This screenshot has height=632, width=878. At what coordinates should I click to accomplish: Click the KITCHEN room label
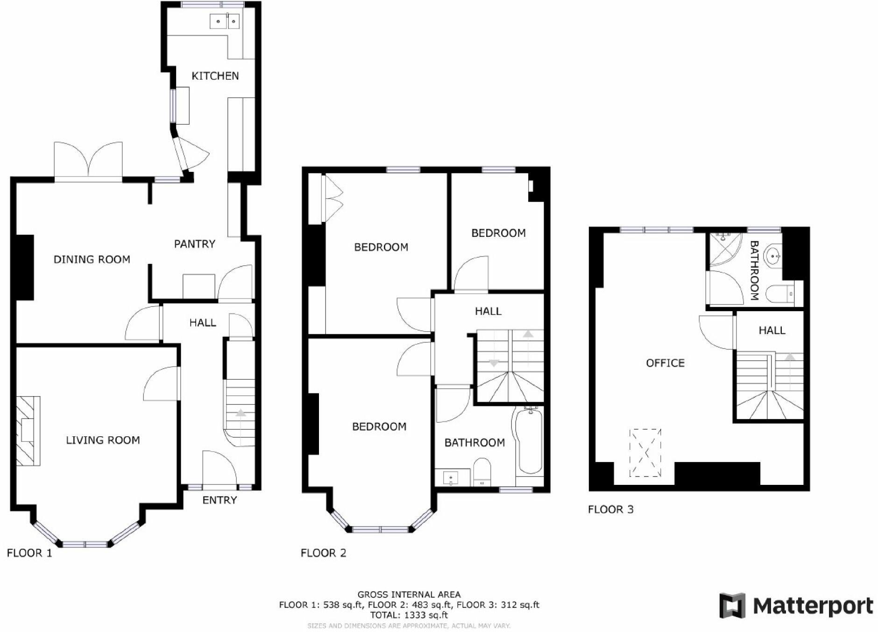tap(215, 76)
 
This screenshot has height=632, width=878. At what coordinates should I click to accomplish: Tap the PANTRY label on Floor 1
tap(194, 244)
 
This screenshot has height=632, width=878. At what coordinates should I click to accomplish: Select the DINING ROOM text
tap(92, 260)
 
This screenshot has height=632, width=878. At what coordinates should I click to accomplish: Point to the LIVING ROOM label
tap(103, 440)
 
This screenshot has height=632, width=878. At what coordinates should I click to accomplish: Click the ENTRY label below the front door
tap(219, 500)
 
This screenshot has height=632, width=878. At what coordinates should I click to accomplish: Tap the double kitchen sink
tap(225, 21)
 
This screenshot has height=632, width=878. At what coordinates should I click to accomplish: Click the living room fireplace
tap(28, 431)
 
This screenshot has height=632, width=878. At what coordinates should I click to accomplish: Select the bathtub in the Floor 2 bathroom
tap(529, 440)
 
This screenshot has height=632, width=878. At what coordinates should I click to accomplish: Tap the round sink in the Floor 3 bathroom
tap(773, 256)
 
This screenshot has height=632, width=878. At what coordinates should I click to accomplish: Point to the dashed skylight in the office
tap(645, 453)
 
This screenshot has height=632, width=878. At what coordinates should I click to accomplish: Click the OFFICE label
tap(665, 363)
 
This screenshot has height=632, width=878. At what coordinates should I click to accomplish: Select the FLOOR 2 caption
tap(323, 553)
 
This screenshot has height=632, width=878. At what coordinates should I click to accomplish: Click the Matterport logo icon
tap(732, 605)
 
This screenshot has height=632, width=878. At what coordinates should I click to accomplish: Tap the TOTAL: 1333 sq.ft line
tap(409, 615)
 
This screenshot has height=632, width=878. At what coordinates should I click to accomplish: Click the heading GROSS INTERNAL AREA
tap(409, 595)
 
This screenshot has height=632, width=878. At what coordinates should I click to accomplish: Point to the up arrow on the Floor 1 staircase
tap(240, 413)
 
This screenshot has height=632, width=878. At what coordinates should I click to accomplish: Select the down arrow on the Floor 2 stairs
tap(494, 363)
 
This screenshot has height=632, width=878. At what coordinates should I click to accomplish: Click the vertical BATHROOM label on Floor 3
tap(754, 270)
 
